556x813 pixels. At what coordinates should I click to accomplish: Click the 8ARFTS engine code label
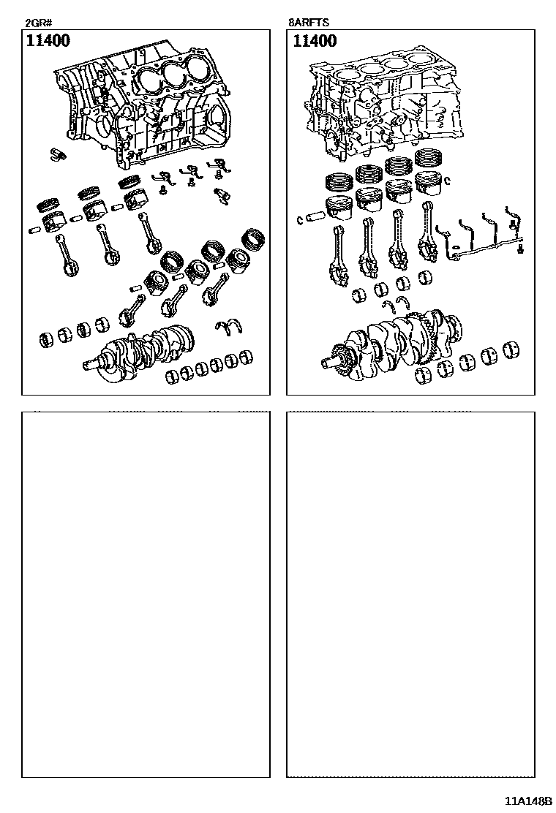pyautogui.click(x=309, y=23)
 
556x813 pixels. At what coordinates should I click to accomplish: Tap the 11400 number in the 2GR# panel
pyautogui.click(x=48, y=40)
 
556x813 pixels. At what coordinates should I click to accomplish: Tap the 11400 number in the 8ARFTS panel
pyautogui.click(x=315, y=40)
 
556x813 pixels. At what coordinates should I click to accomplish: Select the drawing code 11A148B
pyautogui.click(x=525, y=801)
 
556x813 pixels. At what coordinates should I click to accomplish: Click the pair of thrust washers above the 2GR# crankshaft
pyautogui.click(x=229, y=325)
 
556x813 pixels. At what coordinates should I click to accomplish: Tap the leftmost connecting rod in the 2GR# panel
pyautogui.click(x=66, y=255)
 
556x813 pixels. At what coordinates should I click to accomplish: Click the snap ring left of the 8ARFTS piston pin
pyautogui.click(x=300, y=220)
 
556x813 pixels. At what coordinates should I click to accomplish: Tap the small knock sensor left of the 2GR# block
pyautogui.click(x=56, y=154)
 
